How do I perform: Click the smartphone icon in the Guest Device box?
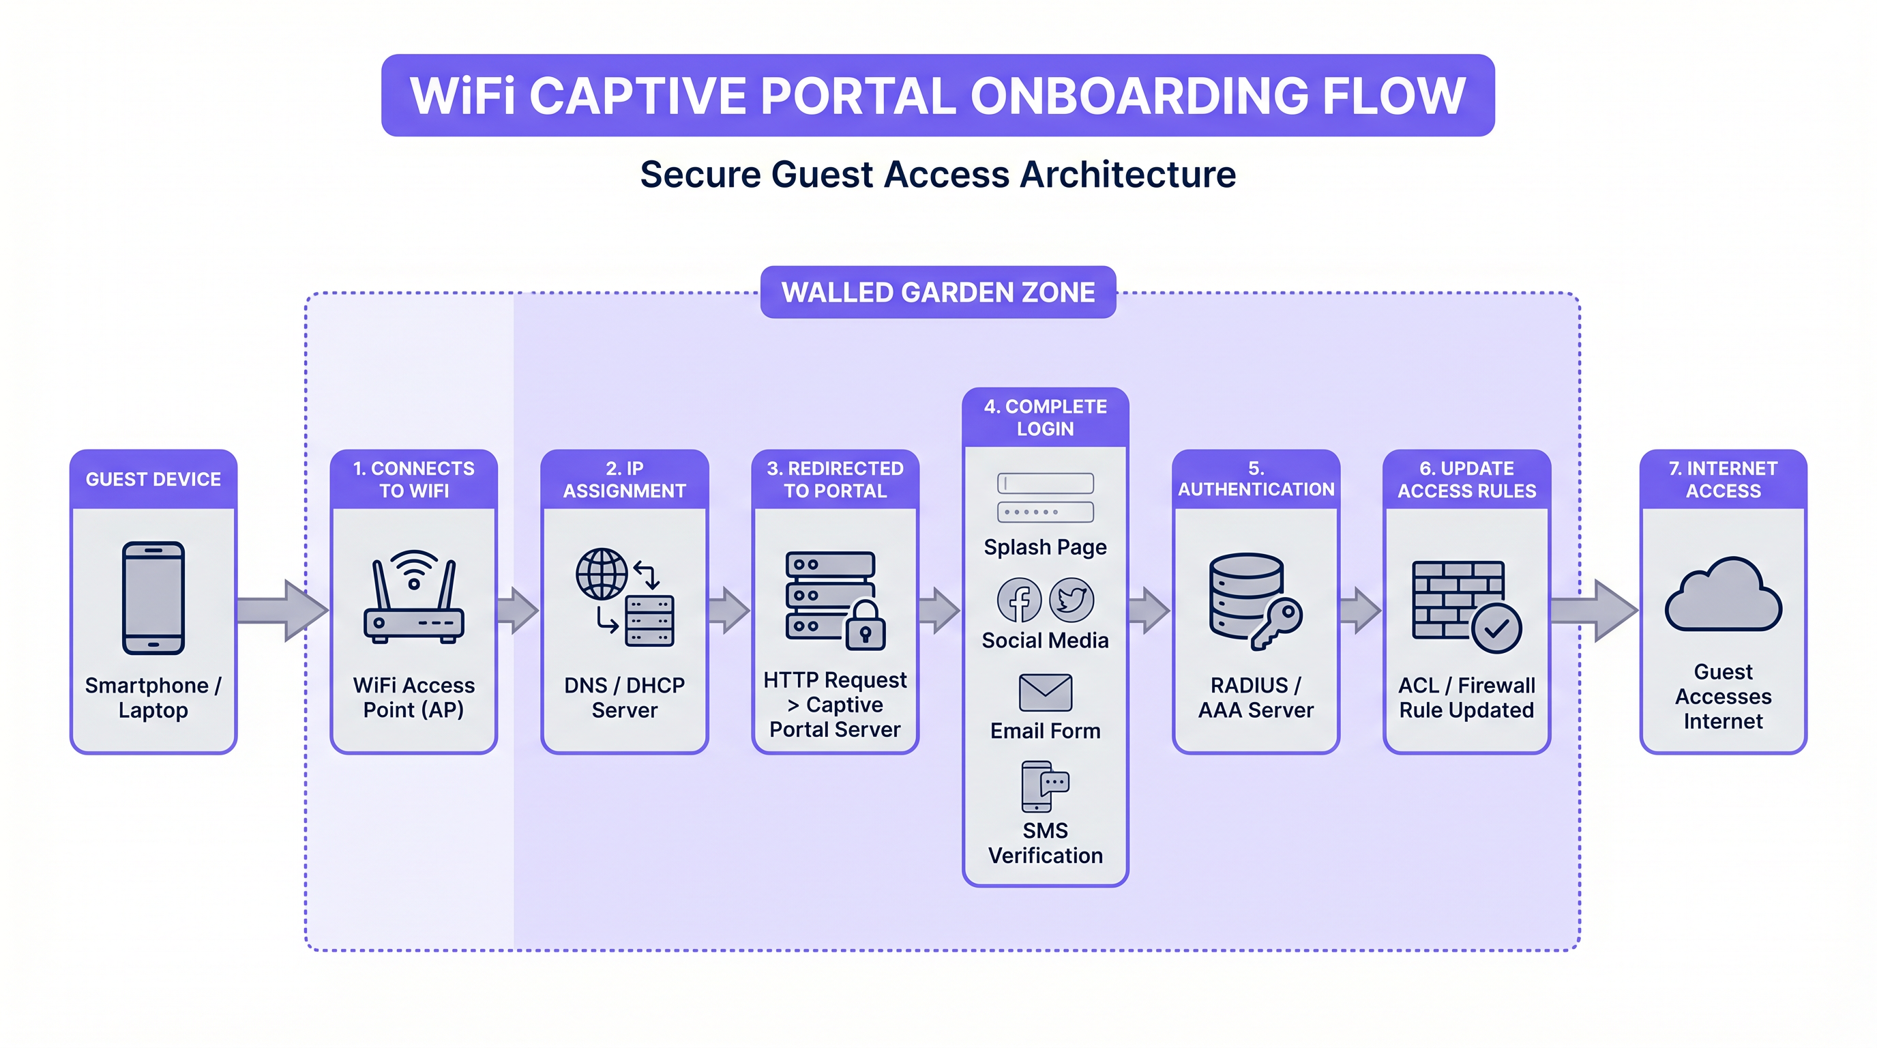tap(153, 598)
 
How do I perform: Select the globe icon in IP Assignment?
tap(601, 574)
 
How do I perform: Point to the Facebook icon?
tap(1019, 600)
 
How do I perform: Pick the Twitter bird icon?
tap(1071, 600)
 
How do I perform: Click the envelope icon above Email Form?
tap(1045, 693)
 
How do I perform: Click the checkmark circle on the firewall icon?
tap(1496, 628)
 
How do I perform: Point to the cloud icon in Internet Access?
tap(1723, 596)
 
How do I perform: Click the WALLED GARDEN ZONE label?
tap(938, 292)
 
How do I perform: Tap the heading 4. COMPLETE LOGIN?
tap(1045, 417)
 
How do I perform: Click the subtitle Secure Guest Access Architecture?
tap(938, 175)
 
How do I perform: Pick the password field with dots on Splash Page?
tap(1045, 512)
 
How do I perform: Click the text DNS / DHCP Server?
tap(625, 697)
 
